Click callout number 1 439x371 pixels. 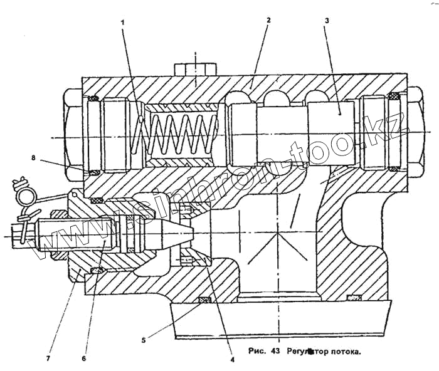pos(124,23)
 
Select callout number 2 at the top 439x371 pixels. pos(268,20)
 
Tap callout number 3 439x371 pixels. pos(327,21)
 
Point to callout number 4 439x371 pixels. pos(232,360)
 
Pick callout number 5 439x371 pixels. pos(143,340)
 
